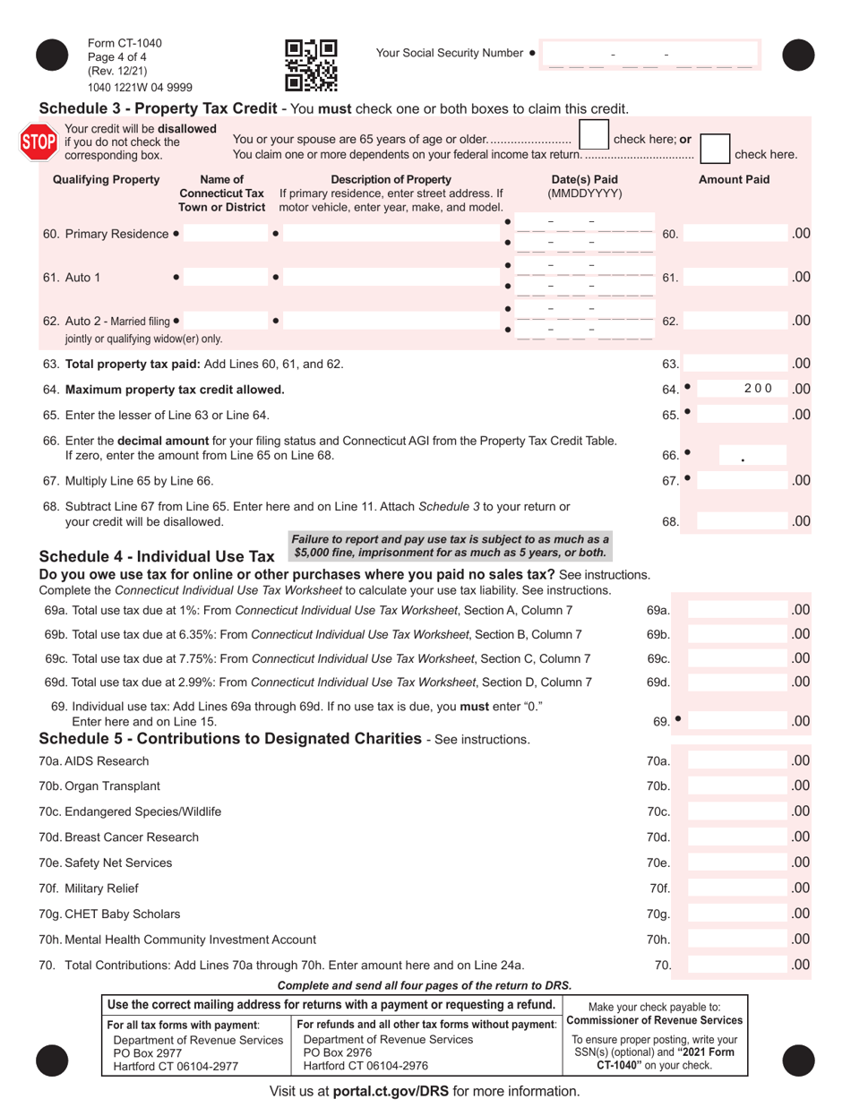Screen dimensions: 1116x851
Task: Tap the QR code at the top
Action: pyautogui.click(x=311, y=65)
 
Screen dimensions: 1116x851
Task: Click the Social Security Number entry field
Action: pyautogui.click(x=649, y=56)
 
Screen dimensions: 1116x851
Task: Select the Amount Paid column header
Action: pyautogui.click(x=734, y=179)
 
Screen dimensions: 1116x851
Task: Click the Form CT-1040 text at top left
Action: pyautogui.click(x=125, y=44)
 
